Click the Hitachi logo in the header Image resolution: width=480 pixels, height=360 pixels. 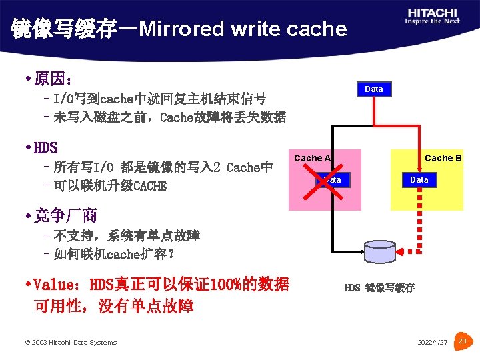coord(431,17)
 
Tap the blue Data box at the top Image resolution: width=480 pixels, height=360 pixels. coord(374,89)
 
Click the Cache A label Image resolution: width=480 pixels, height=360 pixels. coord(312,158)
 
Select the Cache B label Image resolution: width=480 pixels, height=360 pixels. coord(443,158)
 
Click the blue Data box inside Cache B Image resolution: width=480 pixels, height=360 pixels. coord(419,180)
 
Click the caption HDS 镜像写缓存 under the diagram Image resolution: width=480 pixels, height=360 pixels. coord(379,288)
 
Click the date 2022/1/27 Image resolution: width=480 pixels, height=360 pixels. coord(433,343)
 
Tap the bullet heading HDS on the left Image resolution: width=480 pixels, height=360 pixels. coord(45,148)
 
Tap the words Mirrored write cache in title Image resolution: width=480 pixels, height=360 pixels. coord(243,29)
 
